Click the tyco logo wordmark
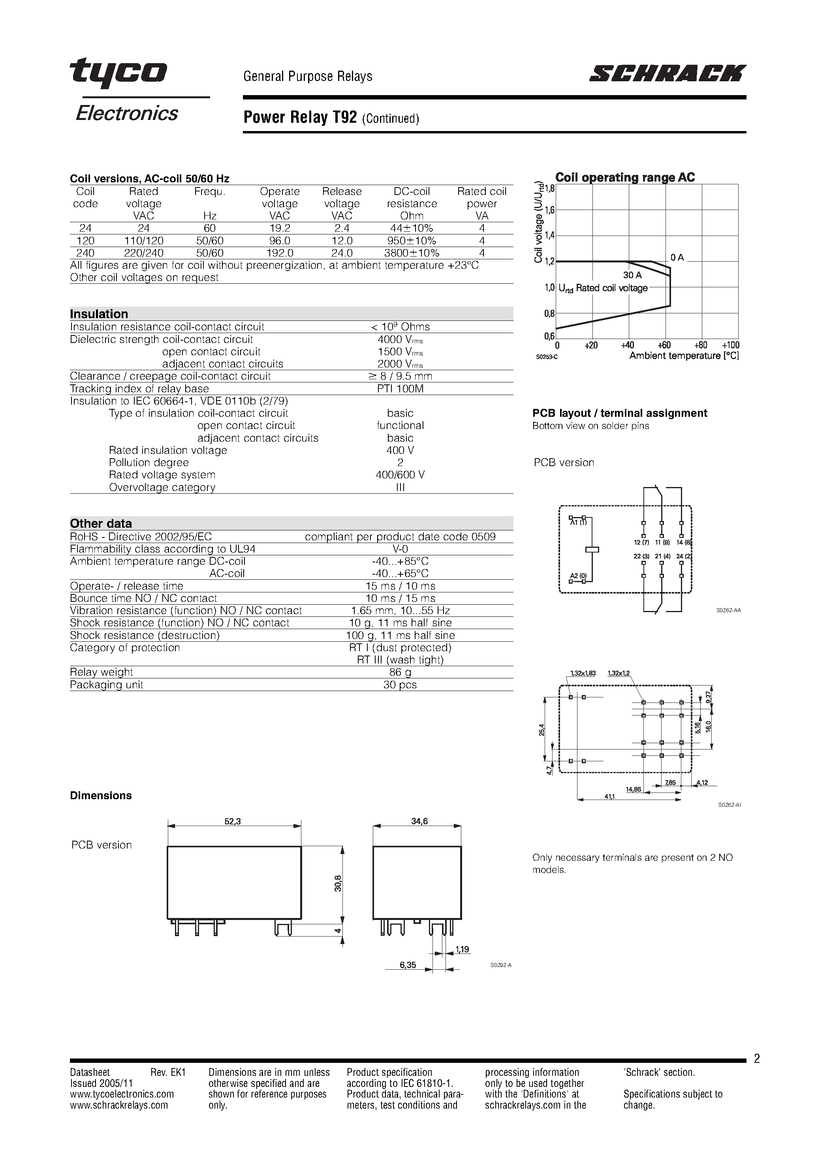[x=119, y=71]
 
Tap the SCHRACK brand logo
[x=667, y=73]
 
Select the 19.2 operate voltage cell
[x=280, y=228]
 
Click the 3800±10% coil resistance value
[x=412, y=253]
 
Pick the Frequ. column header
[x=210, y=191]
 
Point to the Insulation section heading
[x=99, y=314]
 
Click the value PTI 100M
[x=400, y=388]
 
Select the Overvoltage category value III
[x=400, y=487]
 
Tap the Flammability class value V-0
[x=400, y=549]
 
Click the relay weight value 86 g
[x=400, y=672]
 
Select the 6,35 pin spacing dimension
[x=408, y=965]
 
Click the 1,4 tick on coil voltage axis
[x=549, y=235]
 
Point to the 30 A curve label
[x=632, y=275]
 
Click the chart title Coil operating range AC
[x=625, y=178]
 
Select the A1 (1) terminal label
[x=578, y=522]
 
